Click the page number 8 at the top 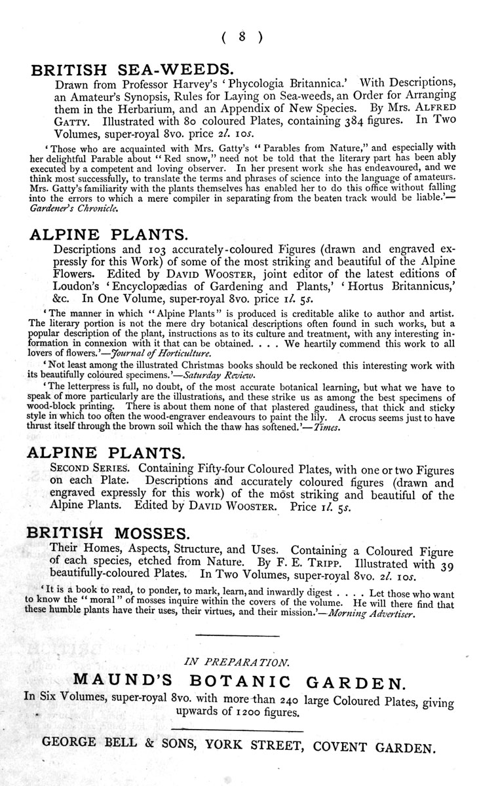pyautogui.click(x=242, y=37)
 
